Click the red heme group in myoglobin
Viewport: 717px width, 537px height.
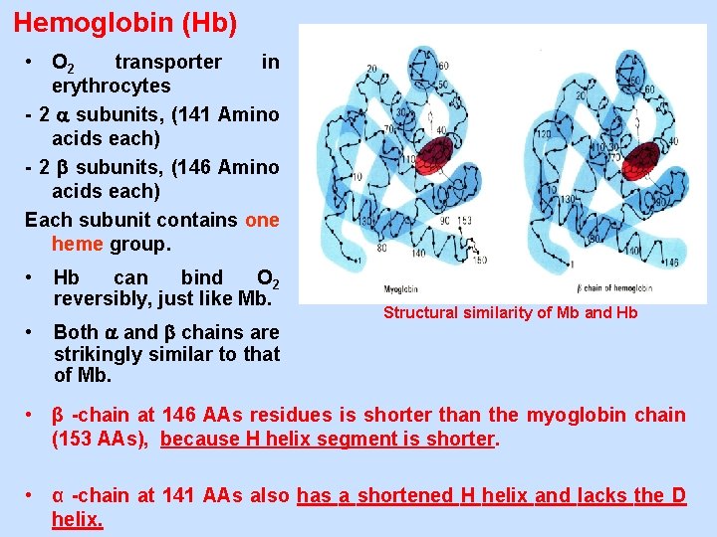click(x=433, y=155)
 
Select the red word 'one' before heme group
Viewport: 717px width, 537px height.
click(x=262, y=220)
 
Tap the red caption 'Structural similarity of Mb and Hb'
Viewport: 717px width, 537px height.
click(x=510, y=313)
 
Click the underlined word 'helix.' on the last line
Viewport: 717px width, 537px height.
click(x=77, y=519)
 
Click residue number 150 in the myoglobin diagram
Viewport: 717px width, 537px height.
click(x=481, y=261)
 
